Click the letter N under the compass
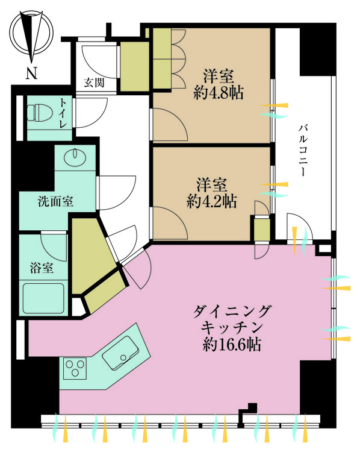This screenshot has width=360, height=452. pos(31,75)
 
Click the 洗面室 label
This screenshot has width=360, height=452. pos(55,201)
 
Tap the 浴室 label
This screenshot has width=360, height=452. pos(42,267)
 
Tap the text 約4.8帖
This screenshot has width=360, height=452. pos(219,93)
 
